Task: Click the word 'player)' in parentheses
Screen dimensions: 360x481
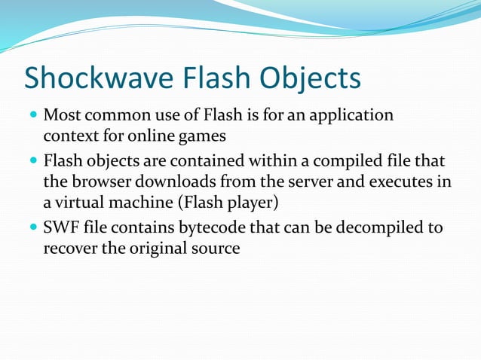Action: click(254, 204)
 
